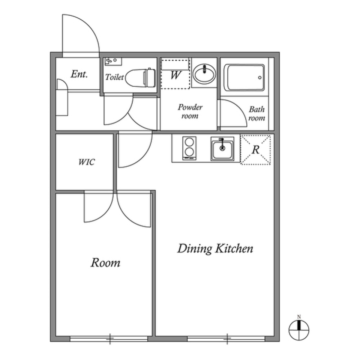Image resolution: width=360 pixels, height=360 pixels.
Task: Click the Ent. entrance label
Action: tap(79, 74)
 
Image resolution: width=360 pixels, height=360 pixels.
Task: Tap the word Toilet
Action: tap(114, 77)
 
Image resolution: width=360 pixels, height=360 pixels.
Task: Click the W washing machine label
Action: tap(176, 75)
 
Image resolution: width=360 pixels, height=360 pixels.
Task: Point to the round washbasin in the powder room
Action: tap(204, 73)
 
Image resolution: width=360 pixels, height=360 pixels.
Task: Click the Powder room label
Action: tap(190, 111)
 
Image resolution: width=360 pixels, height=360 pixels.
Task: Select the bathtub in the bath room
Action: tap(244, 78)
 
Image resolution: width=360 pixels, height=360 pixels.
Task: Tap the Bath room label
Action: tap(256, 114)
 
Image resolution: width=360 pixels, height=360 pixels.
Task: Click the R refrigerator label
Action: tap(255, 150)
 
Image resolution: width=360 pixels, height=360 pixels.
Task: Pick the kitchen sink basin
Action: tap(222, 149)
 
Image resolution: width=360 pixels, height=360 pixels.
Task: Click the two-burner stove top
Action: tap(189, 148)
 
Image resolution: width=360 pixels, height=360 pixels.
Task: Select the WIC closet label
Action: tap(86, 162)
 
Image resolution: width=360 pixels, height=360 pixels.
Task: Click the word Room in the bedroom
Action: tap(105, 262)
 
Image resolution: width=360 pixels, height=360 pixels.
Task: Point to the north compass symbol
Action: tap(299, 330)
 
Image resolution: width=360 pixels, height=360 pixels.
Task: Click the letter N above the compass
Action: tap(299, 317)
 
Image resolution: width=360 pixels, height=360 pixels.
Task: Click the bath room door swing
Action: tap(238, 108)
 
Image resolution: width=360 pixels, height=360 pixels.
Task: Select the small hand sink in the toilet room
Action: tap(113, 61)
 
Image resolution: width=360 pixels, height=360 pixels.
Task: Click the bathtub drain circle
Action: tap(259, 77)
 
